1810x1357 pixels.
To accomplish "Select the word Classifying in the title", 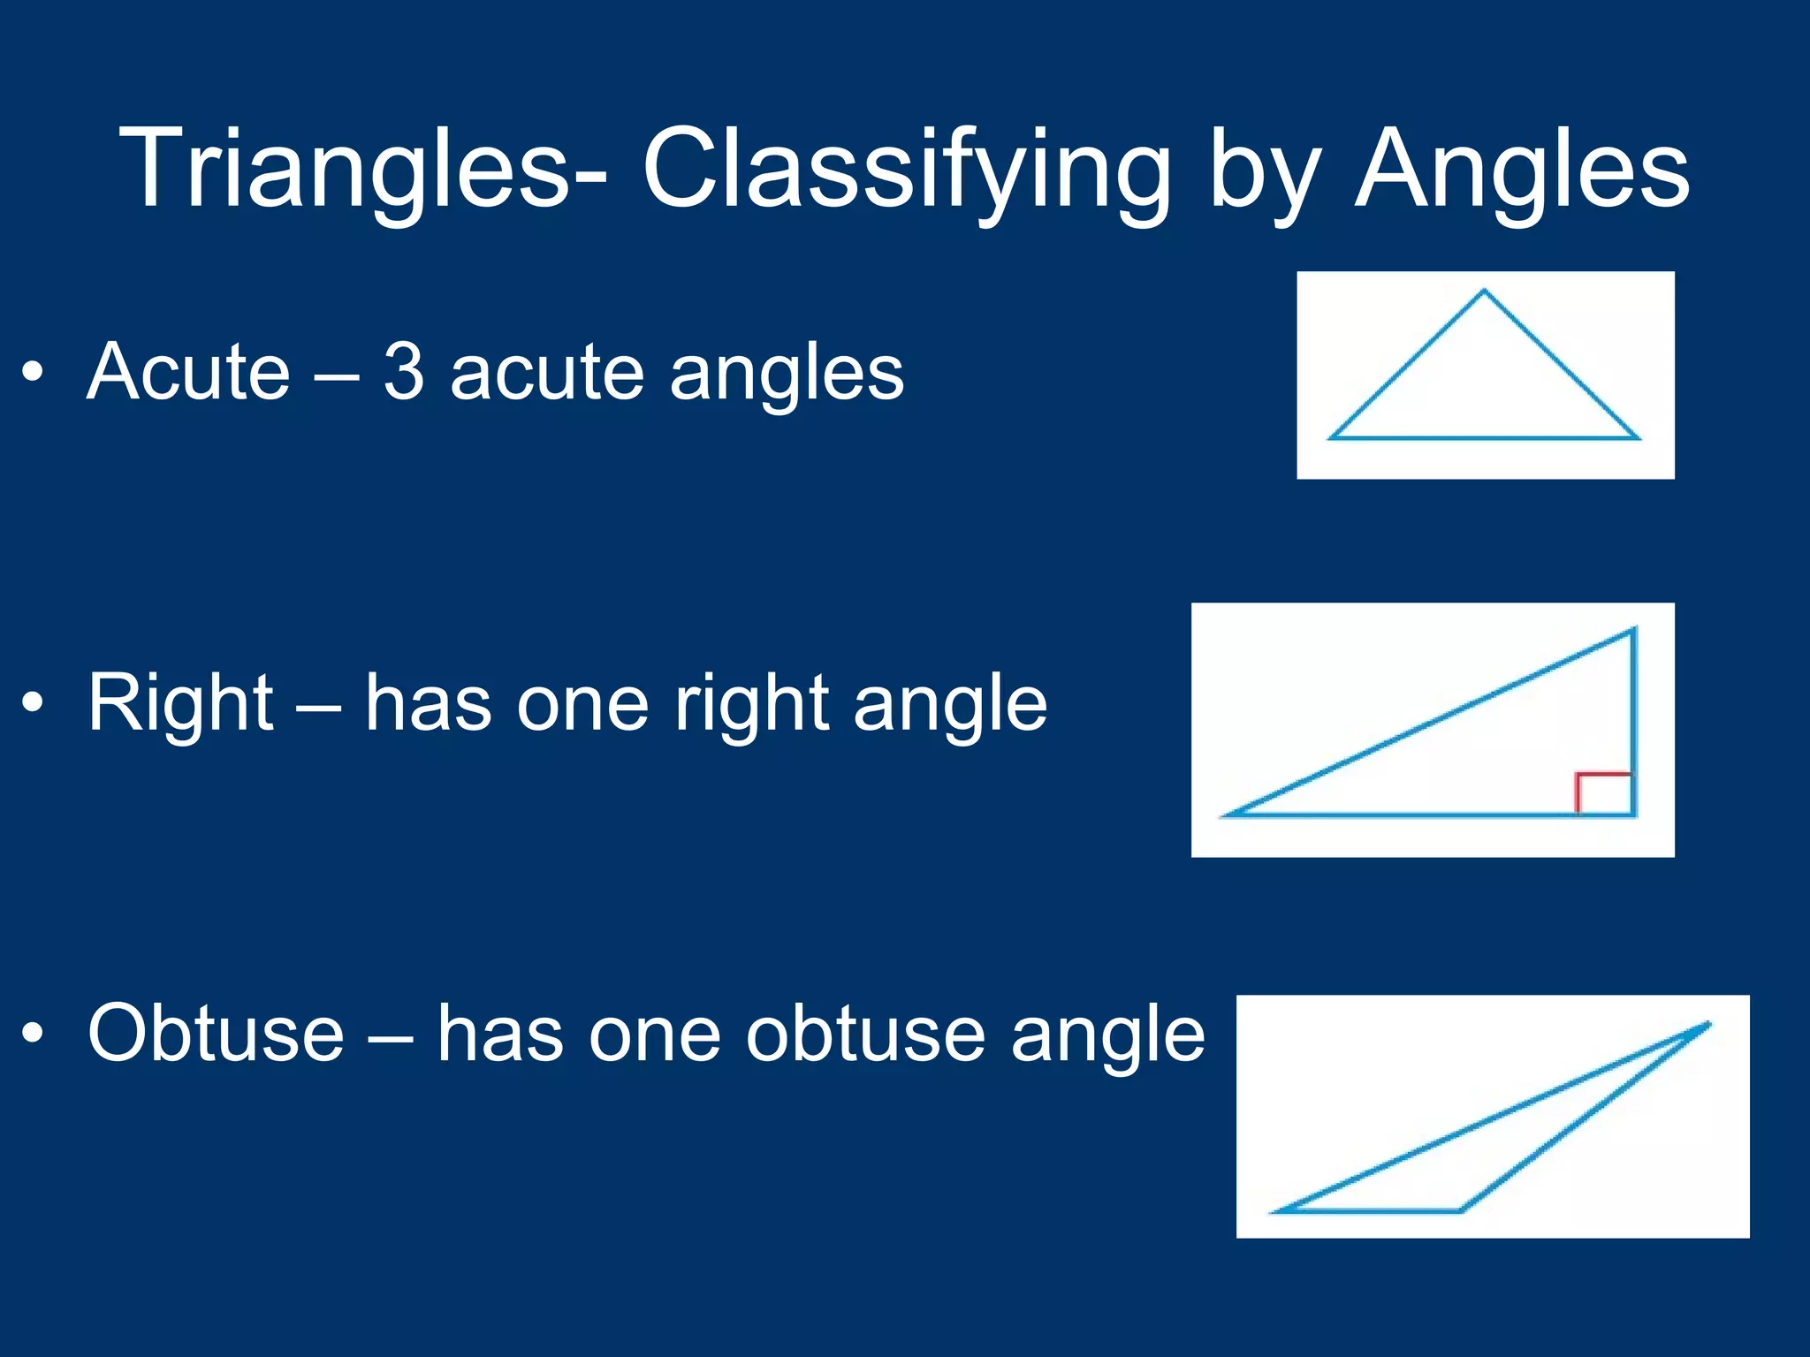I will point(905,168).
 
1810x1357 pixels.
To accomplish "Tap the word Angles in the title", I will point(1522,168).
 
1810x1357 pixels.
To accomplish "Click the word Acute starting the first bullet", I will point(188,372).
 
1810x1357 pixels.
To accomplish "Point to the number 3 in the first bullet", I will point(404,372).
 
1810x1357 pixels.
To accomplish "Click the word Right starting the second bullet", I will point(180,704).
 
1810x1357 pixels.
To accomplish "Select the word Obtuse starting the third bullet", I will point(216,1033).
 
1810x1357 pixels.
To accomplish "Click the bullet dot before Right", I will point(33,703).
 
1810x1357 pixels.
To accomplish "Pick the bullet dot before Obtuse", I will point(33,1033).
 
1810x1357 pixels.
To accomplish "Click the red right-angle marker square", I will point(1604,793).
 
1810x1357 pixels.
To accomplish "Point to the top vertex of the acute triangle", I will point(1484,291).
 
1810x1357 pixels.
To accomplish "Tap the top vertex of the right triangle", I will point(1633,630).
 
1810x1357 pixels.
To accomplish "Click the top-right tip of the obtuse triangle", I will point(1707,1025).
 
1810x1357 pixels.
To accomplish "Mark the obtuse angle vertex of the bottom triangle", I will point(1459,1210).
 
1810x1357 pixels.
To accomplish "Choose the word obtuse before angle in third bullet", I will point(864,1033).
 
